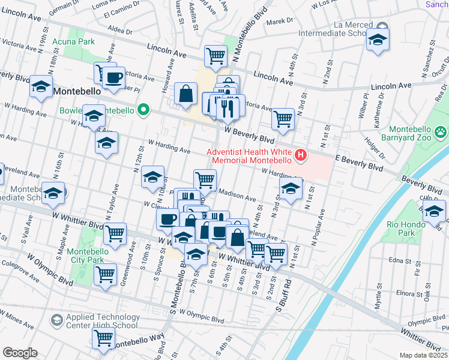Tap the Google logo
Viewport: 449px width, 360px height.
[x=19, y=352]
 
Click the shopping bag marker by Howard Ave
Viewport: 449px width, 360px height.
[x=186, y=93]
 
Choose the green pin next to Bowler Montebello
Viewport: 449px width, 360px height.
[x=143, y=110]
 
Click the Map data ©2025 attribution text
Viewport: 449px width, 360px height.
[x=423, y=355]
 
